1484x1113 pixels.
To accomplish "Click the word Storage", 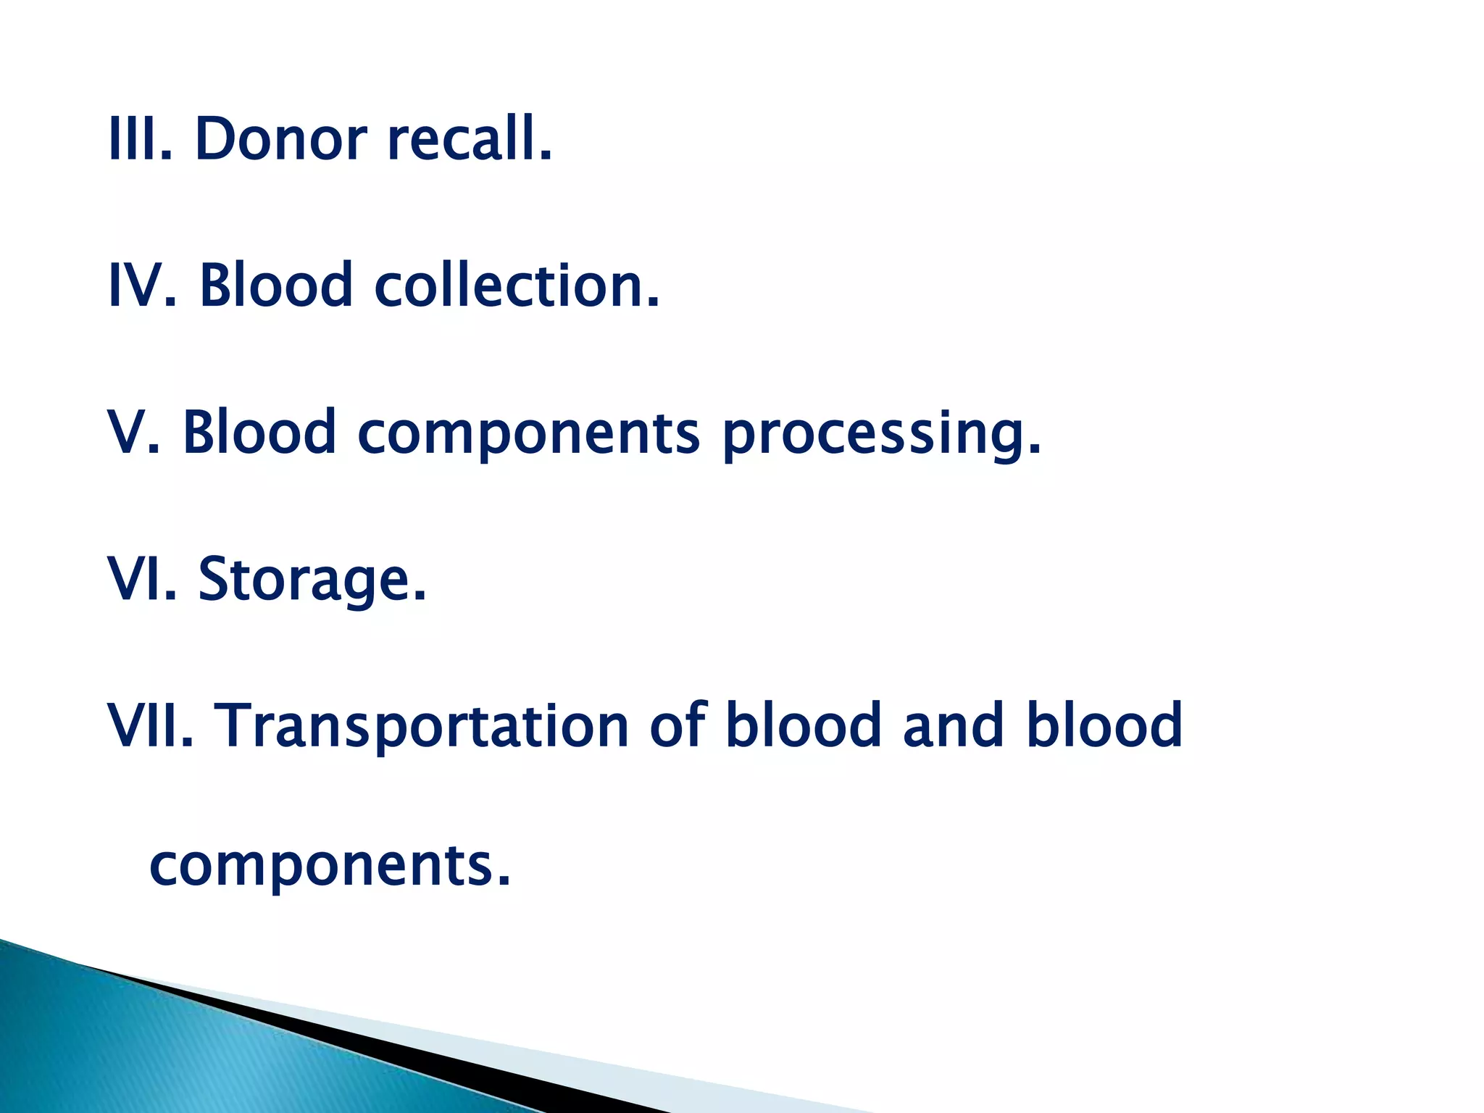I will [x=312, y=580].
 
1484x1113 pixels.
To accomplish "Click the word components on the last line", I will [x=330, y=867].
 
